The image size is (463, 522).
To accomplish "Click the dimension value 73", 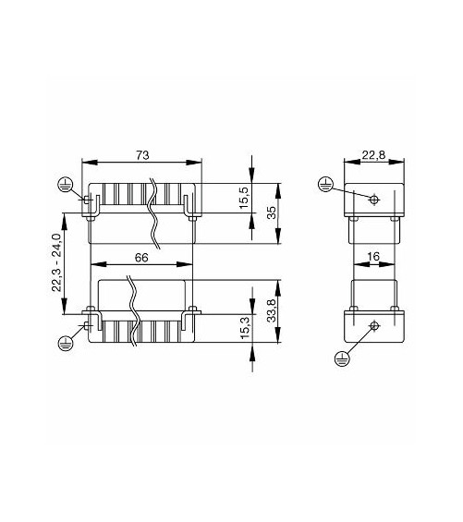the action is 142,155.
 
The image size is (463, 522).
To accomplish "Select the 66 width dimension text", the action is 141,258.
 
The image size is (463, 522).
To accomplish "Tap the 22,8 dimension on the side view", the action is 373,155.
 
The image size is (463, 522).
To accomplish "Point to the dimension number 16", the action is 373,256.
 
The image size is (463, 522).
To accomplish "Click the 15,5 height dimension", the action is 245,198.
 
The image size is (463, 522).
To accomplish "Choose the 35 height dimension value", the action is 272,212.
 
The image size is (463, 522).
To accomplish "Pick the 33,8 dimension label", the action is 272,310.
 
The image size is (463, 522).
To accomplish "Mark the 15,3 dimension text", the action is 245,328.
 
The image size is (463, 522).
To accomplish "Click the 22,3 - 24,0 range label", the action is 56,262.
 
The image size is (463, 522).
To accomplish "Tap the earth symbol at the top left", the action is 66,184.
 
